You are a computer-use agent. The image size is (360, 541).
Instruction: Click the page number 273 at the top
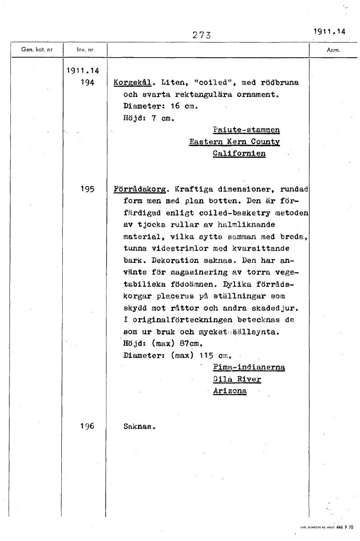pyautogui.click(x=202, y=35)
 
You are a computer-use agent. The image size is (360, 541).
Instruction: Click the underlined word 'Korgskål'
pyautogui.click(x=128, y=83)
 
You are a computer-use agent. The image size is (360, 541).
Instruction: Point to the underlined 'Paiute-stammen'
pyautogui.click(x=246, y=130)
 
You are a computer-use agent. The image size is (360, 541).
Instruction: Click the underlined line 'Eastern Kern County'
pyautogui.click(x=235, y=142)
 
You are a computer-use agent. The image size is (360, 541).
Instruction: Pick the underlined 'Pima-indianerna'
pyautogui.click(x=249, y=367)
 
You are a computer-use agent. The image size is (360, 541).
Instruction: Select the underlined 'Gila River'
pyautogui.click(x=237, y=379)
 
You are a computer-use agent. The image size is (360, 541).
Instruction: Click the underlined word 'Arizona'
pyautogui.click(x=230, y=391)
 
